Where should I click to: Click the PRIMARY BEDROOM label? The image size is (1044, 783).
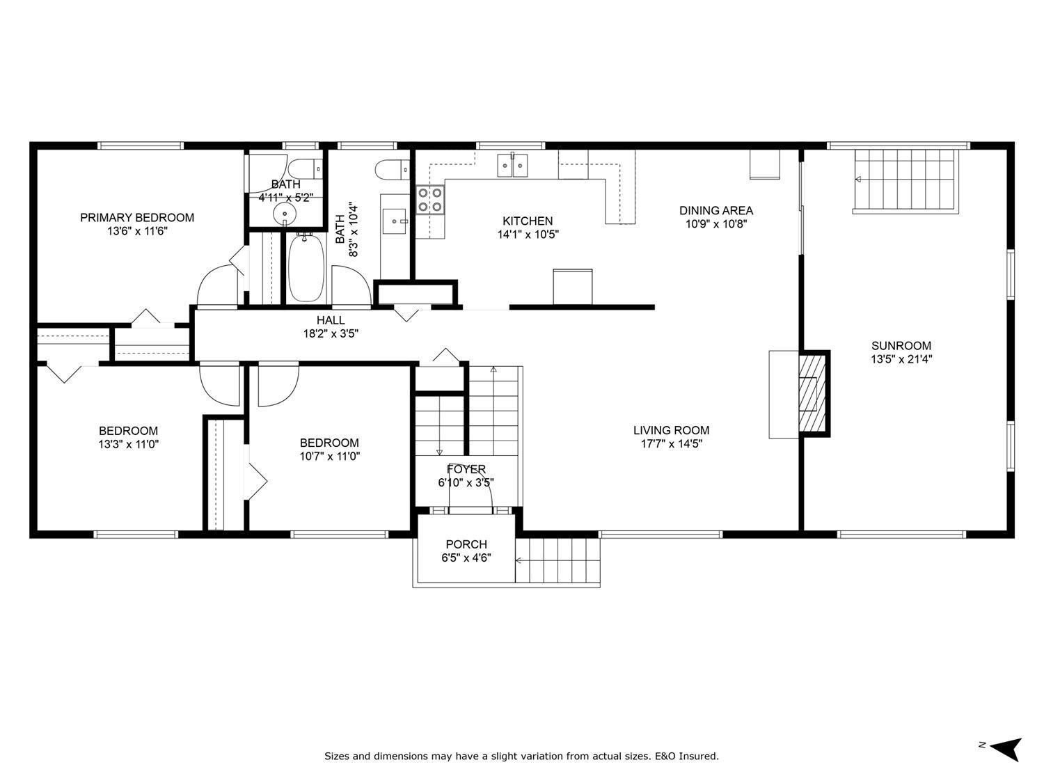pos(137,217)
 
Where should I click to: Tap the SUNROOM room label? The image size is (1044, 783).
pos(901,346)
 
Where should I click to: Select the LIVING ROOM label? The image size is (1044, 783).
pos(671,430)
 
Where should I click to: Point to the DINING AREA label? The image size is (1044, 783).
pos(715,210)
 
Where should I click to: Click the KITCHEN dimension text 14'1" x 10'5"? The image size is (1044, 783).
pos(528,235)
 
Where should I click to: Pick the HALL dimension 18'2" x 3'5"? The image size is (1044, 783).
pos(331,333)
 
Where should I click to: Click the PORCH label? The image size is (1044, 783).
pos(466,544)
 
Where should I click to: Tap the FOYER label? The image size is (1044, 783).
pos(466,470)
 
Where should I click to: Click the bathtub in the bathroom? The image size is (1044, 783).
pos(306,268)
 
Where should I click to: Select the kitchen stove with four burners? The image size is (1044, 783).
pos(430,199)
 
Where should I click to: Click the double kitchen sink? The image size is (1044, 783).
pos(513,165)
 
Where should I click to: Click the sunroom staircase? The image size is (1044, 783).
pos(905,180)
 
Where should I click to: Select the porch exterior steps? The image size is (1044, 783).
pos(558,560)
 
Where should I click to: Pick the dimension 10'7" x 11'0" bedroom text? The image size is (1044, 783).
pos(329,456)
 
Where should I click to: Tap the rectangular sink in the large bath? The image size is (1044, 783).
pos(397,222)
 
